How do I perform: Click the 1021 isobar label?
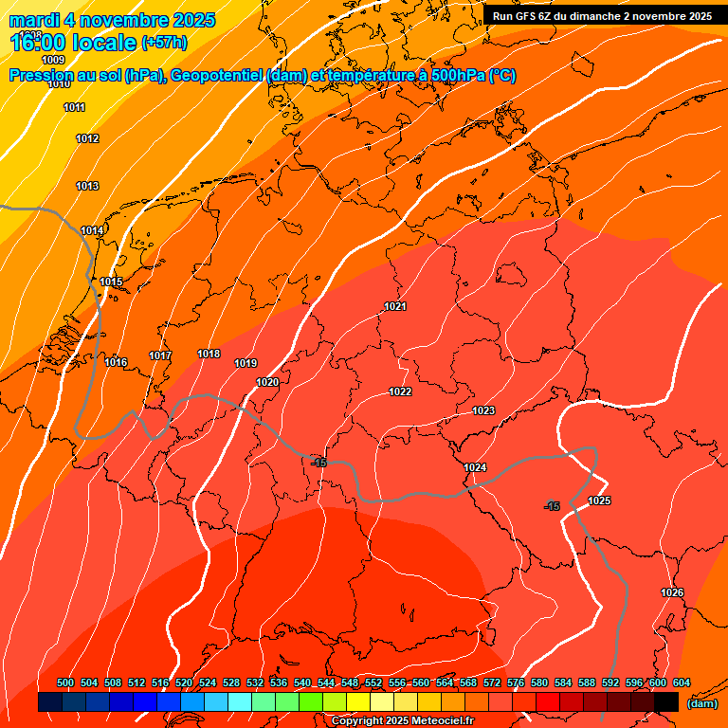(395, 306)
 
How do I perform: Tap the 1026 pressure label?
(672, 592)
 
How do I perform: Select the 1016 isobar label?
(116, 362)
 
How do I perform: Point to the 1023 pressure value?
(483, 410)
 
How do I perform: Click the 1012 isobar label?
(87, 139)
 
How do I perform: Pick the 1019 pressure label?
(246, 363)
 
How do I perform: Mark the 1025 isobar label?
(599, 500)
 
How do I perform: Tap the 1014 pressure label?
(92, 231)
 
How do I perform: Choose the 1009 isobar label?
(53, 60)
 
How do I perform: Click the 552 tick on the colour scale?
(373, 683)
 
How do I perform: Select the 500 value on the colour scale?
(65, 683)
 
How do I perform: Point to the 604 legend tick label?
(682, 683)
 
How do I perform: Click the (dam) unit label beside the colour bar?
(702, 703)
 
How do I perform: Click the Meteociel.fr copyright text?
(402, 721)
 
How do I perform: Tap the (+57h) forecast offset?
(164, 43)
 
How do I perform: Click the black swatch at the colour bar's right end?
(666, 702)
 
